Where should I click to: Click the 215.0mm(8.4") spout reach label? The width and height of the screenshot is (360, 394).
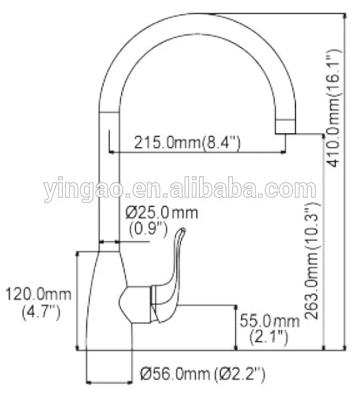pyautogui.click(x=187, y=142)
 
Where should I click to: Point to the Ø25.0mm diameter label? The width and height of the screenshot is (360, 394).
pyautogui.click(x=162, y=212)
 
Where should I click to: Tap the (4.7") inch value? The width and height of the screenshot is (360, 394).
pyautogui.click(x=33, y=310)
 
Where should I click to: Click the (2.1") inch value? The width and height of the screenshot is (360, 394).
pyautogui.click(x=268, y=337)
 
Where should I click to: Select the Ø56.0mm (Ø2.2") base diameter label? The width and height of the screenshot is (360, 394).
pyautogui.click(x=202, y=375)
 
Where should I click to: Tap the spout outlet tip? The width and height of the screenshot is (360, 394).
pyautogui.click(x=287, y=126)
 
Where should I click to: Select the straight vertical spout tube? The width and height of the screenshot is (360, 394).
pyautogui.click(x=108, y=180)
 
